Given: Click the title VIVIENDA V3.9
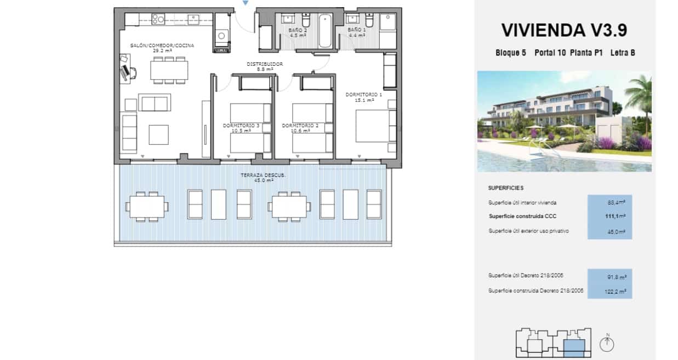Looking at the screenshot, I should coord(564,31).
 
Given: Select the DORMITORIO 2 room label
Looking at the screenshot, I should coord(300,125).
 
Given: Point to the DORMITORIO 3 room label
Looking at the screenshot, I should coord(241,125).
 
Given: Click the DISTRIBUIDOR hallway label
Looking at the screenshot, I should coord(264,64).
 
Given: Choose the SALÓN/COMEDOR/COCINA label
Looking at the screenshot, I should coord(162,45).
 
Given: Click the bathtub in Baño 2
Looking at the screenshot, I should coord(326,32).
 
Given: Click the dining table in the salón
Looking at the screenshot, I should coord(169,70).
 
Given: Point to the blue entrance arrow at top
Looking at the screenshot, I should coord(245,3).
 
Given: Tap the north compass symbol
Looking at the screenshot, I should coord(607,344).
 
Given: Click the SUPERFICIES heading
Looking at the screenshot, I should coord(505,188).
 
